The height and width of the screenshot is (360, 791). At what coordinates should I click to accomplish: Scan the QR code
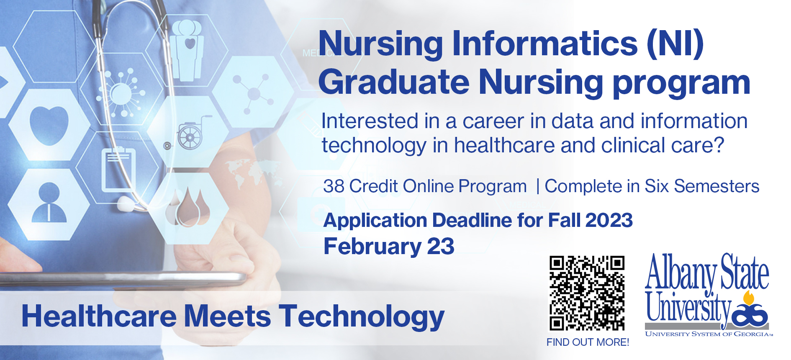[x=587, y=293]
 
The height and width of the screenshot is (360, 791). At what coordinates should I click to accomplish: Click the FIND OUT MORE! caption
[x=588, y=342]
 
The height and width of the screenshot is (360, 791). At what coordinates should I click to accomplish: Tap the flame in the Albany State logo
[x=748, y=298]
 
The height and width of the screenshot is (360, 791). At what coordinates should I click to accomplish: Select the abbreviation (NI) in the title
[x=675, y=44]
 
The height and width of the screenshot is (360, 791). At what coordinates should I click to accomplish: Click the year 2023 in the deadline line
[x=609, y=220]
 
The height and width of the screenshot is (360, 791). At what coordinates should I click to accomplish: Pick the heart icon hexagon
[x=49, y=125]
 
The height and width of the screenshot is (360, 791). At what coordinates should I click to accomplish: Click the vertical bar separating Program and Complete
[x=538, y=186]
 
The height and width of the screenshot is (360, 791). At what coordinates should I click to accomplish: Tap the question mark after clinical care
[x=718, y=145]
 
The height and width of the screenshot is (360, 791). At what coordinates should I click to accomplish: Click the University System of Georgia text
[x=709, y=334]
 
